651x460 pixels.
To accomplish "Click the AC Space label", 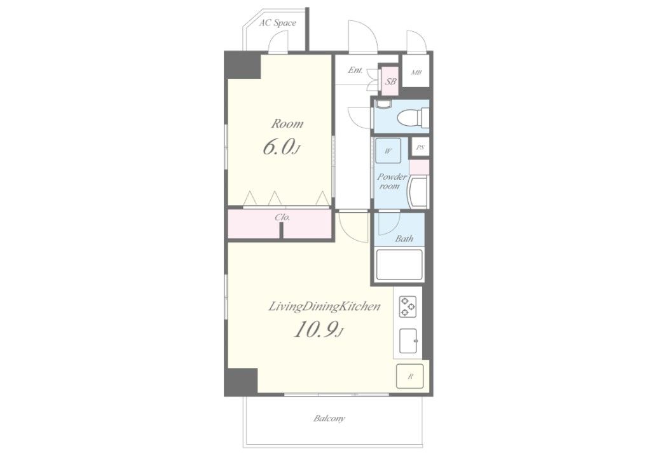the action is point(277,23).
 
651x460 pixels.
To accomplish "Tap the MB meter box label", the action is point(416,72).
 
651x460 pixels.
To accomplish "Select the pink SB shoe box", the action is point(390,81).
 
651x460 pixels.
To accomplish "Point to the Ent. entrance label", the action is point(355,70).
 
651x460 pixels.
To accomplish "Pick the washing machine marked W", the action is point(388,151).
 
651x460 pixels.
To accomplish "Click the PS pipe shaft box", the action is point(420,147).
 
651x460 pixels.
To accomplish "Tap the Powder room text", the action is point(392,181).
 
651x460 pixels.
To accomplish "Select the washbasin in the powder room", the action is point(418,191).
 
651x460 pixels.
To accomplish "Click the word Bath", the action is point(404,238).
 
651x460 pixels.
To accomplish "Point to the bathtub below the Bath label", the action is point(399,264).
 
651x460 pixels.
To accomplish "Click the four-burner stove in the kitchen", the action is point(408,306).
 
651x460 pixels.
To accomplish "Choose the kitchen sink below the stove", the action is point(409,341).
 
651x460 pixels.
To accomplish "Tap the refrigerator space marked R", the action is point(410,376).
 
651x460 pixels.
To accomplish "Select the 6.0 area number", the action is point(280,147).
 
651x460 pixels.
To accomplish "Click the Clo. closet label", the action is point(282,217).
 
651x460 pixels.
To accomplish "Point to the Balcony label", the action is point(329,418).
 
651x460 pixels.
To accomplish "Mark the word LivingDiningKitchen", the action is point(324,306).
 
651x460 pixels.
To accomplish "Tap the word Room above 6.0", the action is point(287,124).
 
